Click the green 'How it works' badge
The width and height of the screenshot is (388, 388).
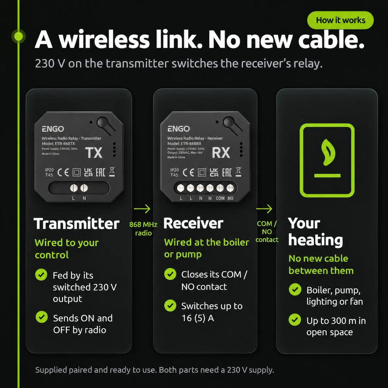340,20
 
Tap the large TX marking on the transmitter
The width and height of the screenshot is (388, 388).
94,153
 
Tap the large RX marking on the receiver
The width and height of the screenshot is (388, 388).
221,153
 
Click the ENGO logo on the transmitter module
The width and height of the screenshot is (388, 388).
53,129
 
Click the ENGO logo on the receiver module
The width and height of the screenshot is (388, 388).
178,129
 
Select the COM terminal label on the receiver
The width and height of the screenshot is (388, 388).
220,198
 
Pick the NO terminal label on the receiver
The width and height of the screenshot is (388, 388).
231,198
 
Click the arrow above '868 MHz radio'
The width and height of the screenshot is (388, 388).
142,209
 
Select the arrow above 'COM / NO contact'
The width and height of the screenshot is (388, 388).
264,209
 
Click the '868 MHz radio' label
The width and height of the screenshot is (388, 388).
143,229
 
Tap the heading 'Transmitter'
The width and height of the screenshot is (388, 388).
77,224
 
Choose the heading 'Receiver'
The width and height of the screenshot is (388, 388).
193,223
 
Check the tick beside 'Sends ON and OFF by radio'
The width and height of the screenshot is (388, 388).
41,317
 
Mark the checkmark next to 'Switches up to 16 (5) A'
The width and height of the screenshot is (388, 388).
170,306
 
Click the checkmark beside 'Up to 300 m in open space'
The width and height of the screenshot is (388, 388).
295,319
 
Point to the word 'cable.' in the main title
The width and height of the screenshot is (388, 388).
331,39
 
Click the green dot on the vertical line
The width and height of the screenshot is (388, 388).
18,37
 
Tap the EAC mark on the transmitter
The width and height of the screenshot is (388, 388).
101,172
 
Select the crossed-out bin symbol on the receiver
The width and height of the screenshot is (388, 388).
238,172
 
